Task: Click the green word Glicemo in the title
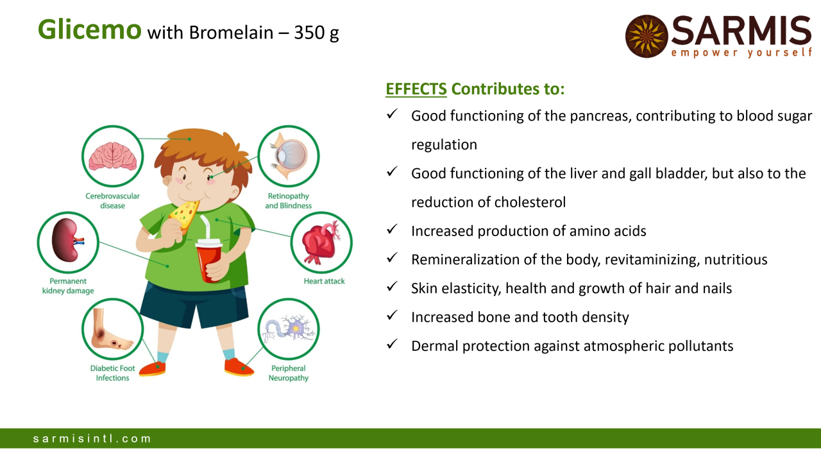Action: [x=89, y=30]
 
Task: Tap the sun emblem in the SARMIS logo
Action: [x=647, y=37]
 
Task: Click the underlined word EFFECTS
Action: [x=416, y=89]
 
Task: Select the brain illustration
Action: [x=112, y=157]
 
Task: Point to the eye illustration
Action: [x=288, y=157]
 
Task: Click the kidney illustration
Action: [x=68, y=240]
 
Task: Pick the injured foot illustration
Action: [x=111, y=329]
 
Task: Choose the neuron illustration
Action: [x=288, y=328]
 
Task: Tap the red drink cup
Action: [x=209, y=261]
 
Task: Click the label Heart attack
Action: [x=324, y=281]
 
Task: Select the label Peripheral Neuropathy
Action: [x=289, y=373]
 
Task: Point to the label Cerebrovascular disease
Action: [x=112, y=201]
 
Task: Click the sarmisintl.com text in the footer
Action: [x=92, y=438]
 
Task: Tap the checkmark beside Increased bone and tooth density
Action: [x=392, y=315]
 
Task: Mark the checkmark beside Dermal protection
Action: [x=392, y=345]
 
